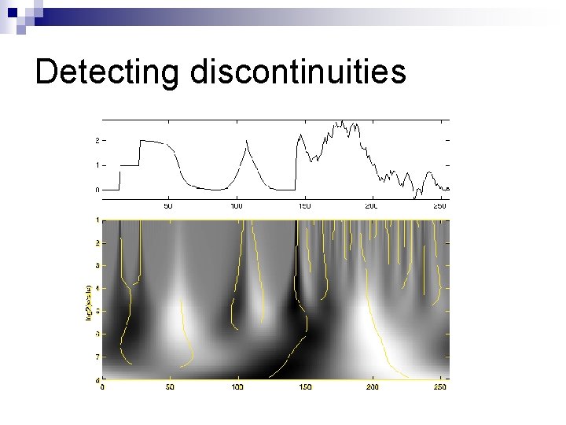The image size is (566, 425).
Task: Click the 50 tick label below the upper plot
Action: coord(168,205)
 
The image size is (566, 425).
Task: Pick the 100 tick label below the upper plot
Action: coord(237,205)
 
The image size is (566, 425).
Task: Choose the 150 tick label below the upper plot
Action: coord(304,205)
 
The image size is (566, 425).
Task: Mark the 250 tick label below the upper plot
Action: coord(440,205)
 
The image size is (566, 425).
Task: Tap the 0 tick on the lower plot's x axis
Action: coord(102,388)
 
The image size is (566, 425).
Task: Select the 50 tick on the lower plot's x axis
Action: coord(170,388)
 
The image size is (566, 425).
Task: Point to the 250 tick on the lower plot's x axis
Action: coord(440,388)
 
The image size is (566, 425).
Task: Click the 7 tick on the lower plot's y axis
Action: coord(97,357)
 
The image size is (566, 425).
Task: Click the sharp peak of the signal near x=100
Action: coord(248,141)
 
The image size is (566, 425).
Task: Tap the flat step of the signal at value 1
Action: coord(130,165)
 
